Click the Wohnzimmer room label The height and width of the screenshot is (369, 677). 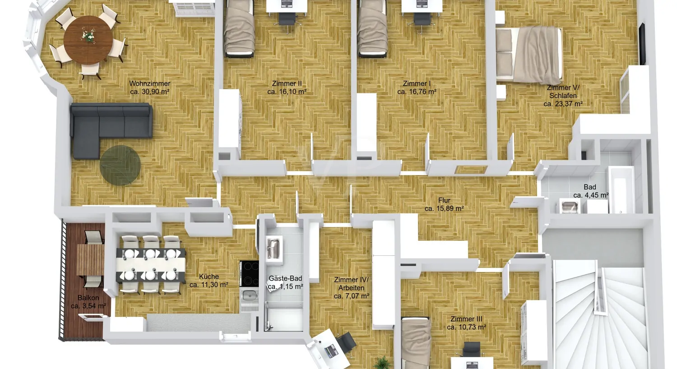[149, 83]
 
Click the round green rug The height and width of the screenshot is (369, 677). [121, 165]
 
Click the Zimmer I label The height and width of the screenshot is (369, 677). [417, 83]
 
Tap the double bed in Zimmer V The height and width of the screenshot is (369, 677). [529, 55]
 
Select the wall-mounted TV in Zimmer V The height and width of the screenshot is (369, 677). [642, 44]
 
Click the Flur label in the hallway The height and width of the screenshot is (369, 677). [444, 200]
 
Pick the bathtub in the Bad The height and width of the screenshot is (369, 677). [621, 189]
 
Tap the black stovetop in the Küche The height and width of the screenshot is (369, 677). [249, 273]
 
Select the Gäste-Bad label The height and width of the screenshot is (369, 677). [285, 278]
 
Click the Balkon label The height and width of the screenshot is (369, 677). [88, 297]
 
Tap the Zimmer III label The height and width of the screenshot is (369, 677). [466, 319]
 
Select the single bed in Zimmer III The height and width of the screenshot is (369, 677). [416, 342]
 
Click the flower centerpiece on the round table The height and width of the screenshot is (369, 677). [88, 35]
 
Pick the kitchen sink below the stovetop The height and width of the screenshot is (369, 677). [249, 295]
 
